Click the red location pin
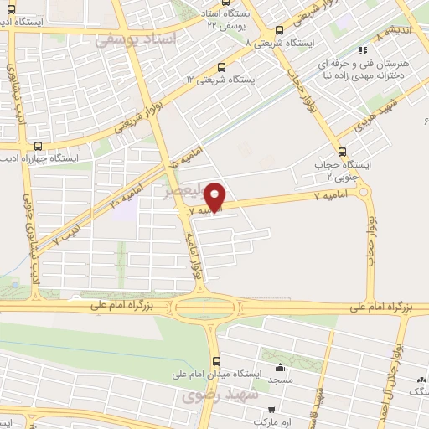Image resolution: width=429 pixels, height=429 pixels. click(217, 196)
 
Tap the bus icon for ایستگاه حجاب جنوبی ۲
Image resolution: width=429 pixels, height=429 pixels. click(341, 152)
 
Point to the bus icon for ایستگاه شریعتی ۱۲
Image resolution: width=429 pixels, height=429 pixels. click(220, 68)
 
